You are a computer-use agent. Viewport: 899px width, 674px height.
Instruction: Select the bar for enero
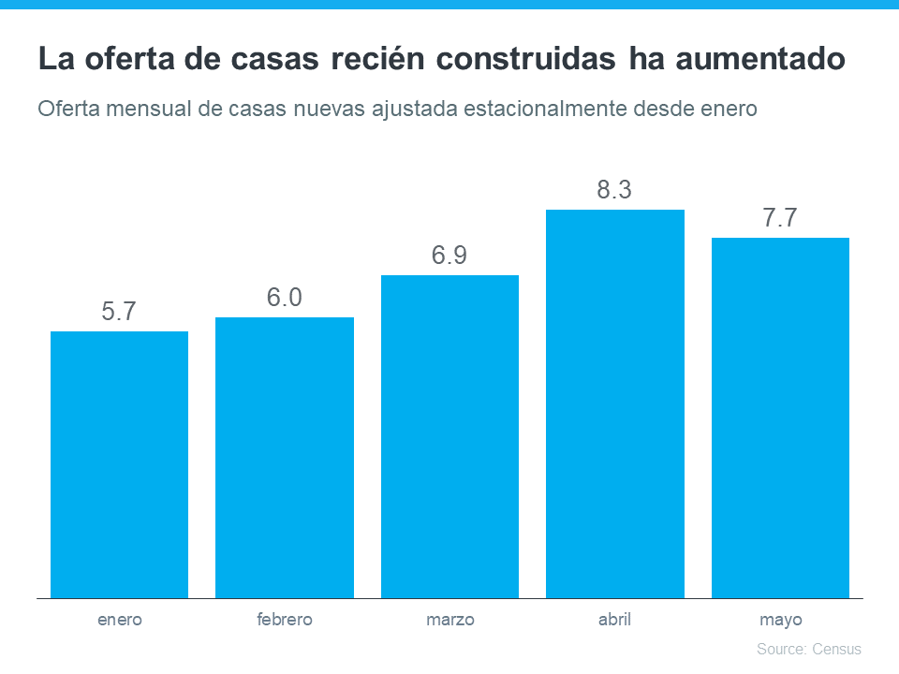[119, 464]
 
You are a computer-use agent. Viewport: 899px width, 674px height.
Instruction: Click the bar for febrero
[285, 458]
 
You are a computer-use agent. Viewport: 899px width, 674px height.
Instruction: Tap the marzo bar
[449, 436]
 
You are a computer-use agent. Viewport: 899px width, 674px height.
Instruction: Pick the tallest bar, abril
[615, 403]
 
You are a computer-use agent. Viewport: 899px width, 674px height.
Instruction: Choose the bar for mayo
[780, 418]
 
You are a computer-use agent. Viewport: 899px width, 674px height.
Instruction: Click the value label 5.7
[119, 313]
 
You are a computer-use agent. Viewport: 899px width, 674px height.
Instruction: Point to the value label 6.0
[285, 299]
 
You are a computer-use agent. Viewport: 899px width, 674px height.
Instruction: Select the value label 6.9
[449, 256]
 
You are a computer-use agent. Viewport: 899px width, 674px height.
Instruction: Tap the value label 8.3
[615, 191]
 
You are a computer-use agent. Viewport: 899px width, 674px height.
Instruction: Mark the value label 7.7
[780, 219]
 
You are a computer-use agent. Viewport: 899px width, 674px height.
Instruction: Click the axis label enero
[119, 620]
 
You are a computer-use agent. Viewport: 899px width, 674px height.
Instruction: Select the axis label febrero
[285, 620]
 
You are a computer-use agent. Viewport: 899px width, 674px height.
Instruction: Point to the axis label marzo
[449, 620]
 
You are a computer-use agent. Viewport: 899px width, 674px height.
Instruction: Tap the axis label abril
[615, 620]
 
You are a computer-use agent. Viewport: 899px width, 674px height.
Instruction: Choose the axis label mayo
[780, 620]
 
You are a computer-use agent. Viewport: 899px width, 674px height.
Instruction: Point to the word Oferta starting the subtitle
[68, 109]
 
